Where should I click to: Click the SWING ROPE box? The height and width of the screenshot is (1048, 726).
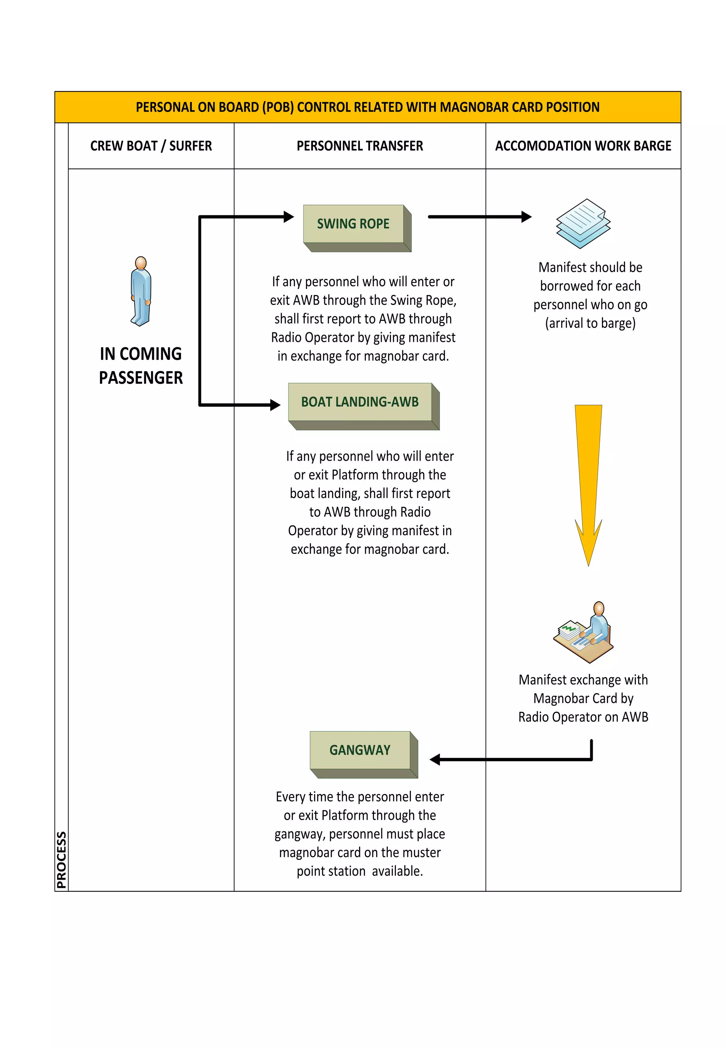point(353,224)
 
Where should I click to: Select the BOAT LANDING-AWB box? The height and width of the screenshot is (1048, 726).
point(360,402)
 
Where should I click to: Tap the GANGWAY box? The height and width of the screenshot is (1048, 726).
point(360,750)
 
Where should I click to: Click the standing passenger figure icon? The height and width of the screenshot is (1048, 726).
point(141,291)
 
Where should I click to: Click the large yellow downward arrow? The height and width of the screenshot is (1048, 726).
point(588,482)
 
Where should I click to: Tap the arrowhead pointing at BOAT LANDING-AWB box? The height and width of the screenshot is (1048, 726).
point(275,404)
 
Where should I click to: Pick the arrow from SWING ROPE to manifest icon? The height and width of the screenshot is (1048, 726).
point(480,217)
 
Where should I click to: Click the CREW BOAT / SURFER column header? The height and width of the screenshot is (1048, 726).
point(151,146)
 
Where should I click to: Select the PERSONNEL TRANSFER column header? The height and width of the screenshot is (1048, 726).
point(360,146)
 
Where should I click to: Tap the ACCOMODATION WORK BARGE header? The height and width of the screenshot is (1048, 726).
point(583,146)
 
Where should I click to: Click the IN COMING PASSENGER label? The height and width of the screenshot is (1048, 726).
point(141,366)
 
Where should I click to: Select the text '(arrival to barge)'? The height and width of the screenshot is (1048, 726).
point(590,323)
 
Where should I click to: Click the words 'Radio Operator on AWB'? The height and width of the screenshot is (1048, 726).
point(583,717)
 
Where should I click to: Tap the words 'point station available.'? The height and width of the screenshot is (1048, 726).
point(360,871)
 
